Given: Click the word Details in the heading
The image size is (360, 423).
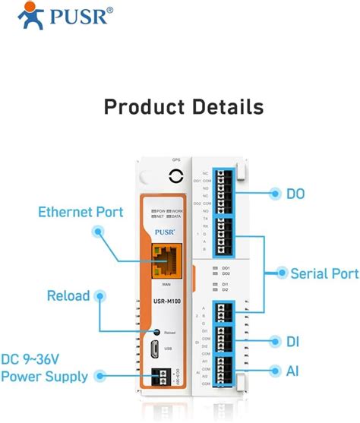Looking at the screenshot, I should (225, 106).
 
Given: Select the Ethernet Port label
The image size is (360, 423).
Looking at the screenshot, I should (81, 212).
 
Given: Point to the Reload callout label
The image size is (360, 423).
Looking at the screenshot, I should (68, 295).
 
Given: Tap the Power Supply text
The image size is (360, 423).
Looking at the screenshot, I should (44, 377).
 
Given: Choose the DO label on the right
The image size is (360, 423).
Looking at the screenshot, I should (295, 194).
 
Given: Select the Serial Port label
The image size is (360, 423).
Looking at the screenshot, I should (319, 273).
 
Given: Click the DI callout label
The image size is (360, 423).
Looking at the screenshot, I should (293, 342).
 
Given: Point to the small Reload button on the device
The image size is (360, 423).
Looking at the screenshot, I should (156, 332).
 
